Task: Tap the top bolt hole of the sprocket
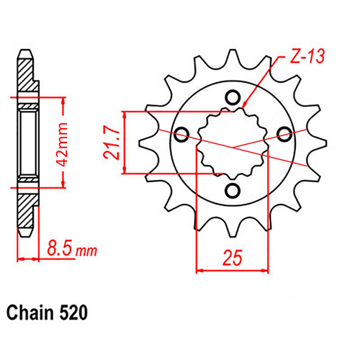[233, 97]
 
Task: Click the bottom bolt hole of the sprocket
[233, 189]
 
